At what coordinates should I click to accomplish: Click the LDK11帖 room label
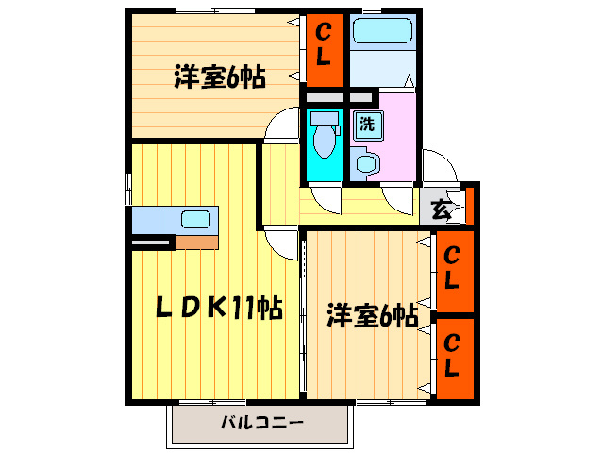(219, 309)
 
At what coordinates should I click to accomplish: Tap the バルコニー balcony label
(262, 424)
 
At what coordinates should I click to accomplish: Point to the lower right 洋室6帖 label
(373, 316)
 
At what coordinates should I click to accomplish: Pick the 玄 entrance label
(441, 210)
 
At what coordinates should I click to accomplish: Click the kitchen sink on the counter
(195, 219)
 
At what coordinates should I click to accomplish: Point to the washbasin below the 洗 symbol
(365, 162)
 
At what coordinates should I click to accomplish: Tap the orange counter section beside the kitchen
(197, 242)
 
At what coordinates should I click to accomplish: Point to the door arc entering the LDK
(281, 240)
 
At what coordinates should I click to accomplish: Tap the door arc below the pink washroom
(398, 198)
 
